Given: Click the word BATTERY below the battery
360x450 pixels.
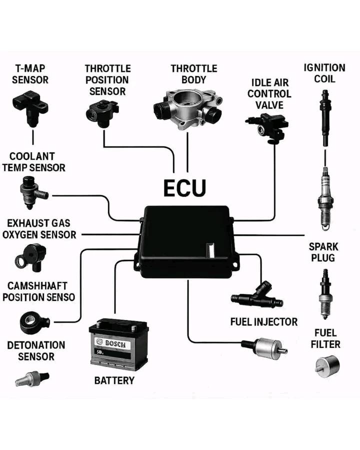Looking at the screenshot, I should [x=114, y=380].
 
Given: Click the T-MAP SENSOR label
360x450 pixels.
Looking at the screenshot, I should [x=30, y=73].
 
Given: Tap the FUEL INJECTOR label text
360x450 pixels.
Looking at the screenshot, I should [x=263, y=321].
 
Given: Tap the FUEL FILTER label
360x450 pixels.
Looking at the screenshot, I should [x=325, y=338].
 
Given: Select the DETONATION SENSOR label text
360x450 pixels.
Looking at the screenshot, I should [x=36, y=350].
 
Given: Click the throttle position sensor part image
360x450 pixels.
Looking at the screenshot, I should [x=102, y=112].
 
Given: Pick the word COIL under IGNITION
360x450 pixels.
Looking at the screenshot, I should [x=324, y=79].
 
